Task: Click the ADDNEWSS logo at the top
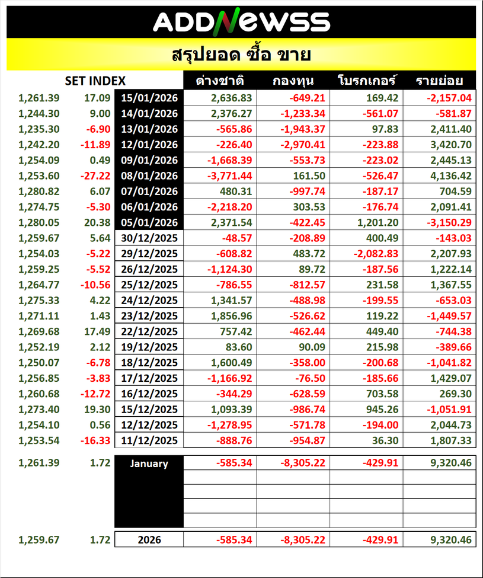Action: pos(241,22)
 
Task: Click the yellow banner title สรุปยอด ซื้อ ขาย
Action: pos(241,55)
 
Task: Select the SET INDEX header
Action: pos(95,81)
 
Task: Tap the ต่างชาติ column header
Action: pos(219,81)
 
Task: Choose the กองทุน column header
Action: pos(293,81)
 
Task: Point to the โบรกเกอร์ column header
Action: pos(366,81)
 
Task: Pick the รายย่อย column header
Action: pos(439,81)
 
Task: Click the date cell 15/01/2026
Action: pos(149,98)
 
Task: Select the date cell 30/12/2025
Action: pos(149,238)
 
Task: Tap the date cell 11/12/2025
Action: pos(149,440)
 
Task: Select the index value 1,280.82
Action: pos(39,191)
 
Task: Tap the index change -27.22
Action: pos(95,176)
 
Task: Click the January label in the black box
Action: pos(149,464)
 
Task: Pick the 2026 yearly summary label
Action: pos(149,540)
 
